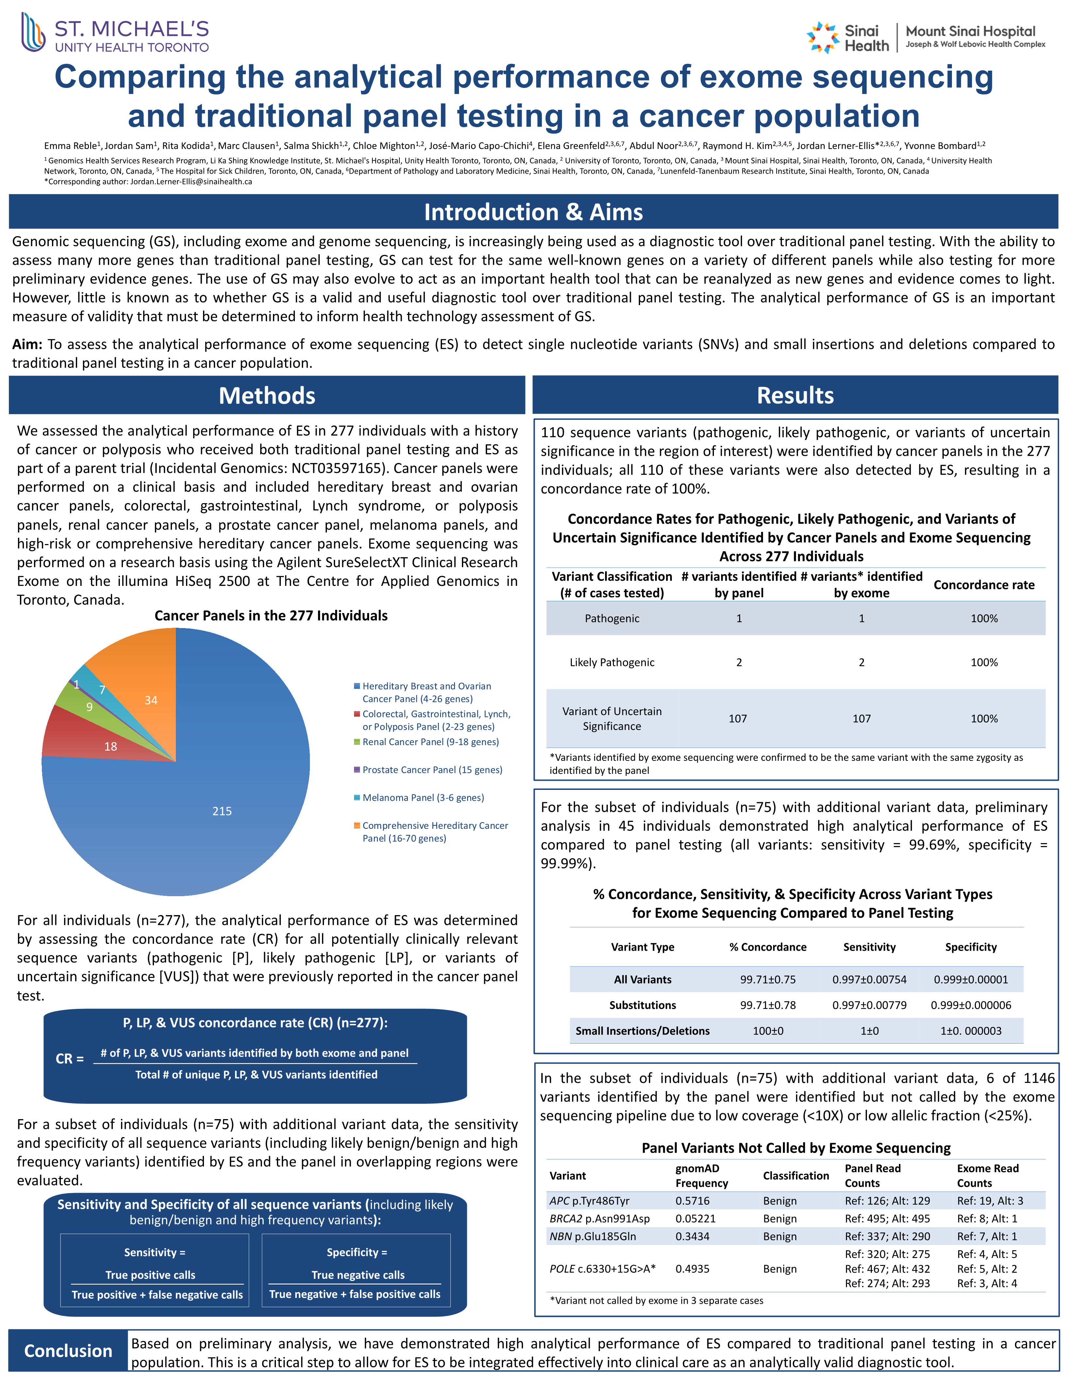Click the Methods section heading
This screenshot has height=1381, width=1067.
267,396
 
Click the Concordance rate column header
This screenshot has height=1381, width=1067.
984,585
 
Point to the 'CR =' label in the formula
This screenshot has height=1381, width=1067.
70,1059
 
